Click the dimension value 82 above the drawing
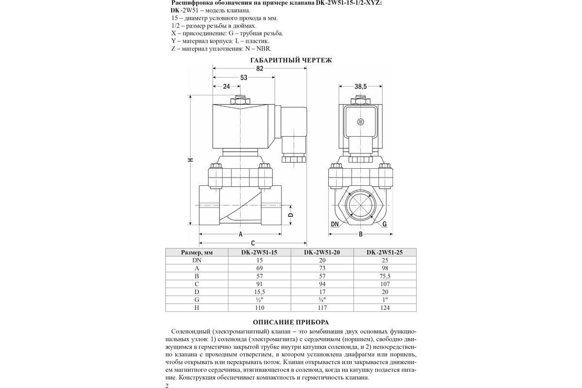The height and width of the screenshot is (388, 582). click(259, 69)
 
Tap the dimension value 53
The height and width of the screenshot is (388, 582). click(244, 78)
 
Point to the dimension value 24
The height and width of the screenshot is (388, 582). click(226, 86)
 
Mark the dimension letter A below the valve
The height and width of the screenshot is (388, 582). click(240, 235)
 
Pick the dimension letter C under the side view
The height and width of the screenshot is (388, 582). click(253, 242)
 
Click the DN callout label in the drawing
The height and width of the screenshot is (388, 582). click(335, 224)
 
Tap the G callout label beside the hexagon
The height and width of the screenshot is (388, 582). click(384, 224)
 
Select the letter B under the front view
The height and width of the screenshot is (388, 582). click(360, 235)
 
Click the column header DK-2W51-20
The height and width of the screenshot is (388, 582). click(322, 252)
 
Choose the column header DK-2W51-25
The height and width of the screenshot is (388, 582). click(385, 252)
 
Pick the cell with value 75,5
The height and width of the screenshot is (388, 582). click(385, 276)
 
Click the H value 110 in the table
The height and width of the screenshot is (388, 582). click(259, 307)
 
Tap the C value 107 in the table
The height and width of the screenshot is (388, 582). click(385, 284)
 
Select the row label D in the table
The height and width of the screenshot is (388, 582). click(196, 291)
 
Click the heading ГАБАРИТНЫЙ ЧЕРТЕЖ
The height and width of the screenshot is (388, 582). click(291, 61)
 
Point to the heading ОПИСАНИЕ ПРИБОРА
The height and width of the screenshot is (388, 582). click(291, 322)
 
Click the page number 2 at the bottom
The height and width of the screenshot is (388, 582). click(167, 386)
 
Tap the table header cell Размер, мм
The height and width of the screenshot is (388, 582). click(197, 252)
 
